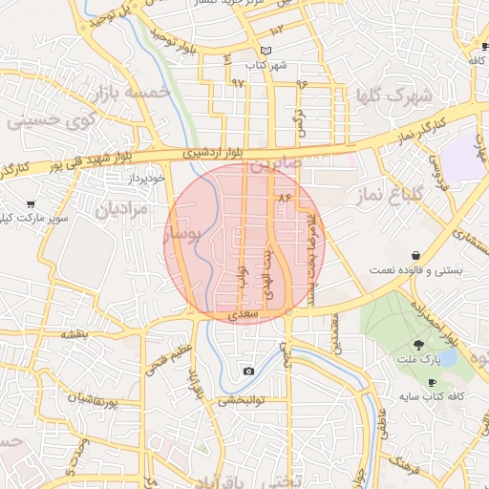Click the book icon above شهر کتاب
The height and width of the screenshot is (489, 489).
click(266, 51)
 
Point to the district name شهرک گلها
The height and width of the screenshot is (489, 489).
click(393, 96)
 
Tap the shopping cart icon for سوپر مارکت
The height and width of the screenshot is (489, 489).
click(32, 203)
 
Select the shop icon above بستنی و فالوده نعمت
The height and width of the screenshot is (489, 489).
click(415, 255)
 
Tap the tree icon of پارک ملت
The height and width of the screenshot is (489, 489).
click(417, 344)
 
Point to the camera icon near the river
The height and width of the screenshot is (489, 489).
click(249, 371)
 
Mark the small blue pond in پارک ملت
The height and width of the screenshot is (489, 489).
click(445, 359)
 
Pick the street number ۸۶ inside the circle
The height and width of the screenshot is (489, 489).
click(283, 196)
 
